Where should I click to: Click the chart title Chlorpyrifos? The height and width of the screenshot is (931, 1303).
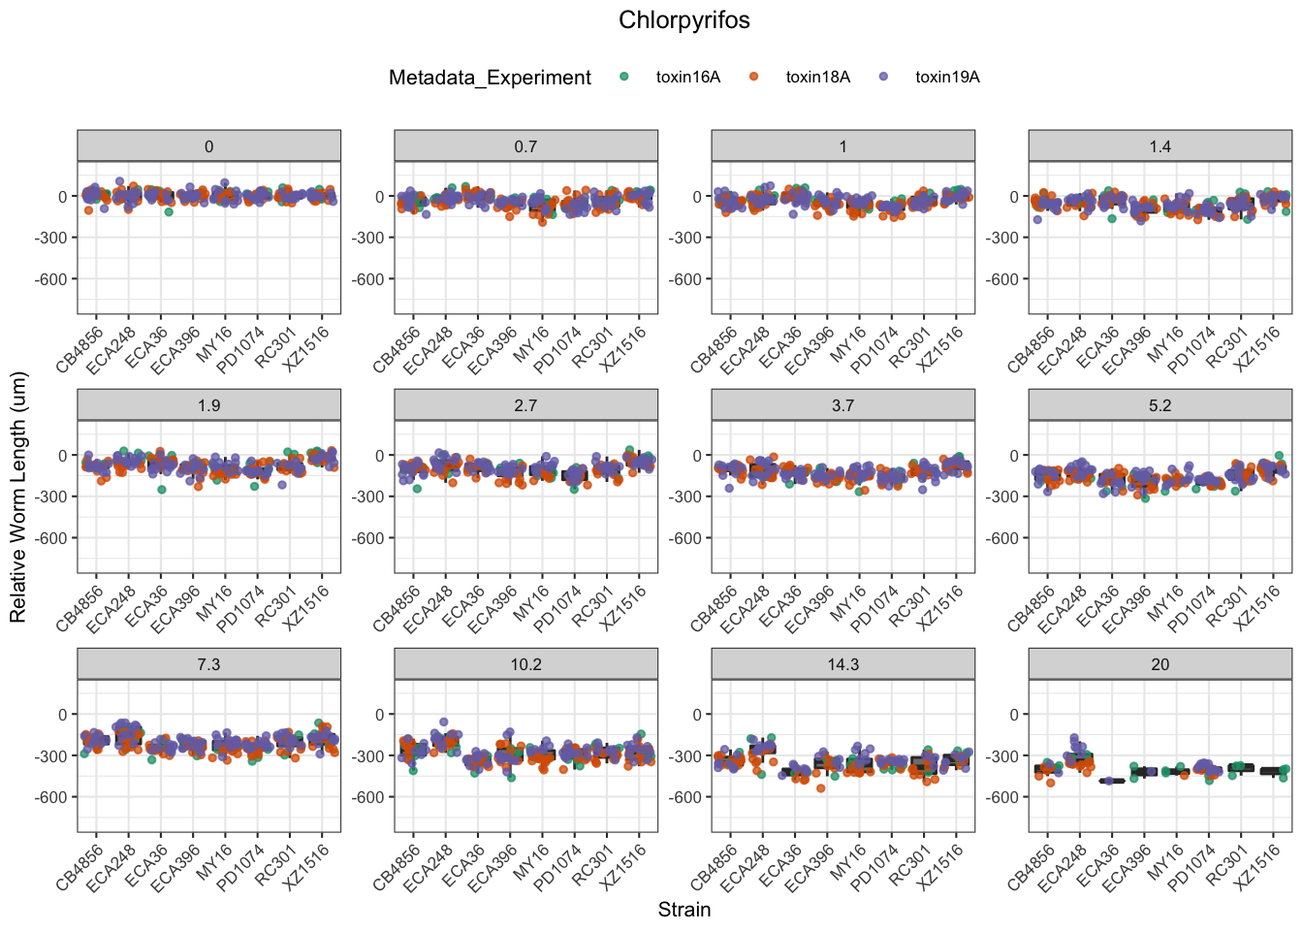click(x=683, y=20)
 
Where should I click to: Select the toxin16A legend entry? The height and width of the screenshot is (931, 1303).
click(x=687, y=78)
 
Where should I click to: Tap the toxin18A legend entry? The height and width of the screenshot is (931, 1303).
click(x=817, y=78)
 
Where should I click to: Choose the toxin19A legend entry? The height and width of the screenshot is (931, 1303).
click(x=947, y=78)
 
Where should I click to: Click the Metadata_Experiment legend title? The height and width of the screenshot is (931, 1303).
click(x=490, y=78)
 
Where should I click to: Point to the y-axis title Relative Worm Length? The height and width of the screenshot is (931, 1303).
click(x=18, y=498)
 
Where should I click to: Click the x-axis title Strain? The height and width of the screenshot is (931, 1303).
click(x=683, y=910)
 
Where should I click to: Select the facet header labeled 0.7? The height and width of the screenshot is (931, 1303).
click(x=525, y=146)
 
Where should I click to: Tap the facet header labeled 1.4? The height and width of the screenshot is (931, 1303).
click(x=1160, y=146)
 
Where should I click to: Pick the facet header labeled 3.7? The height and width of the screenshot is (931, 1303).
click(x=842, y=405)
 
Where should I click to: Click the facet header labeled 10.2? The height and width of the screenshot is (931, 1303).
click(x=525, y=664)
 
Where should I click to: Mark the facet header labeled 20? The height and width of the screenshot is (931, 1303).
click(x=1160, y=664)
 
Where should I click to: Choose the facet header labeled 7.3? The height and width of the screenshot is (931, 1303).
click(x=208, y=664)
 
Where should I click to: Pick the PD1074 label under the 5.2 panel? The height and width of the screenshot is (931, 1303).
click(x=1190, y=608)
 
